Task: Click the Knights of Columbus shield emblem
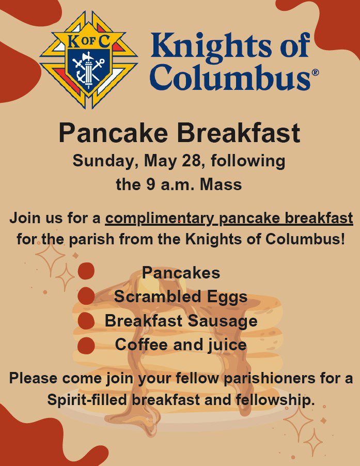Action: point(88,60)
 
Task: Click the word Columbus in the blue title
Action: point(231,77)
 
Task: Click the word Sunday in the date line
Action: point(105,161)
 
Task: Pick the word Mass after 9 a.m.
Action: point(221,184)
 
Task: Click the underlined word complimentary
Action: point(160,219)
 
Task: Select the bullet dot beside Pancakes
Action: point(86,271)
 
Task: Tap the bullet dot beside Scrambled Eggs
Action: point(86,296)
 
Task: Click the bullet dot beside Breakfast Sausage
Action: point(86,321)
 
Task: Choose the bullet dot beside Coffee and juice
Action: point(86,346)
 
